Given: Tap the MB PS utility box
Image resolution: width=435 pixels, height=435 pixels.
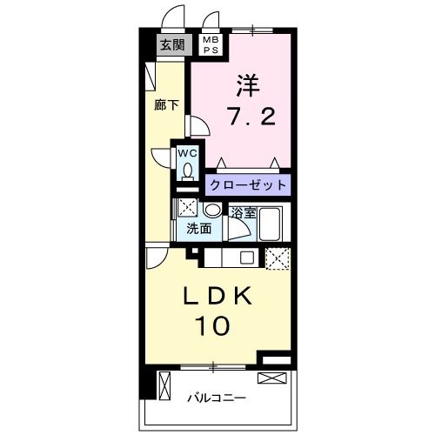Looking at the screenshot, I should tap(211, 45).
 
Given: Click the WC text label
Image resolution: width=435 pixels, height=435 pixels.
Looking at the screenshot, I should tap(188, 153).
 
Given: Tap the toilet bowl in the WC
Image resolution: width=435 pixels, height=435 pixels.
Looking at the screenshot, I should tap(188, 171).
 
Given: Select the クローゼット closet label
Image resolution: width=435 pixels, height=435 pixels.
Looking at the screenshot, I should tap(247, 184).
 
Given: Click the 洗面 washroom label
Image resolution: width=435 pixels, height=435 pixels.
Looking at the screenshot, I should tap(199, 229).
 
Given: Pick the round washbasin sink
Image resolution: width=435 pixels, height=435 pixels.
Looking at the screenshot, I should tap(211, 211).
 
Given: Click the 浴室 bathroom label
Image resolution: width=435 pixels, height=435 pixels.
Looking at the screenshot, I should tap(243, 212).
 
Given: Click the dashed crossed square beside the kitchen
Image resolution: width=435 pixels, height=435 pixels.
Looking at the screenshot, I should tap(277, 258).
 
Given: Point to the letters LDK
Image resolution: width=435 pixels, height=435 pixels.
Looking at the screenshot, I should tap(217, 297).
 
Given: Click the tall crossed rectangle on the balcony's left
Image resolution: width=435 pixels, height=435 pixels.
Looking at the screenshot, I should tap(164, 385).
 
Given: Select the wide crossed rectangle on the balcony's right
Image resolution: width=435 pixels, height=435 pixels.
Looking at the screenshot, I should tap(271, 378).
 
